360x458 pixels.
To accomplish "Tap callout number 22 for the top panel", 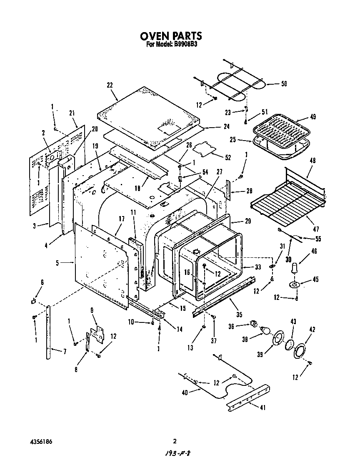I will pos(110,85).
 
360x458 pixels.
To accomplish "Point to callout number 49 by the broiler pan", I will pos(312,117).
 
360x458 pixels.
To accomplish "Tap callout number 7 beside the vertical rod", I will pos(65,352).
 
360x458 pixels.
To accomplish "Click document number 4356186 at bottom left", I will pos(41,441).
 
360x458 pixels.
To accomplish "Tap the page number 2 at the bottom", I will pos(175,441).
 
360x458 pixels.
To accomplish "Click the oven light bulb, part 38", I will pos(265,331).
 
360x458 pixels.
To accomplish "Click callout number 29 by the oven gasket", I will pos(248,221).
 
